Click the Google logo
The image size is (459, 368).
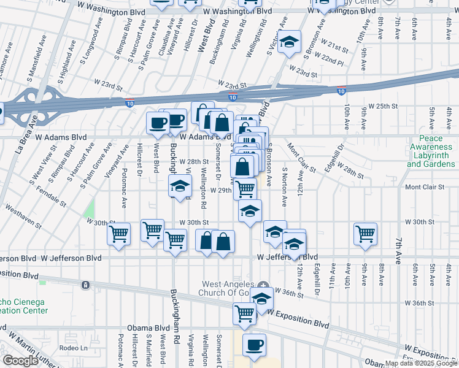pos(20,360)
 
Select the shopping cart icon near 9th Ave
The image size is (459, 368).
pos(365,234)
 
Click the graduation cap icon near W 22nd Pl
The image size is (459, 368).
pos(288,42)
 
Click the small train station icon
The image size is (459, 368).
pos(85,285)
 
